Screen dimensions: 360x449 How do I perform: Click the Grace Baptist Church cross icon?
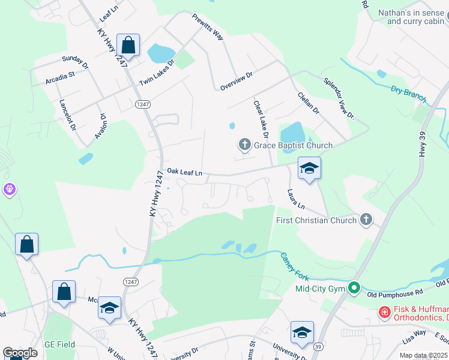[244, 145]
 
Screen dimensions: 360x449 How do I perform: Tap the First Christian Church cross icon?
[366, 220]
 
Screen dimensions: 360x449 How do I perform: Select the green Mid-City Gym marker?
[354, 289]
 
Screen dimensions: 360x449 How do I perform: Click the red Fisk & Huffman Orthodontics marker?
[384, 312]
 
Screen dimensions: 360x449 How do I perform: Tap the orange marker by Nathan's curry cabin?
[445, 22]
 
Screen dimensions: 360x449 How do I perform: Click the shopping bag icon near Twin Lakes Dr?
[128, 44]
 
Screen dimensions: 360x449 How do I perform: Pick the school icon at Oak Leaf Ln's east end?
[309, 168]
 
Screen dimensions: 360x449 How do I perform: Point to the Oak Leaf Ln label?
[187, 172]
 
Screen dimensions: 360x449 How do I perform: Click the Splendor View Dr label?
[339, 99]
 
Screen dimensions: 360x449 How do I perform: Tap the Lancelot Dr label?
[67, 113]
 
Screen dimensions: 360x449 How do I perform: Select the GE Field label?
[58, 345]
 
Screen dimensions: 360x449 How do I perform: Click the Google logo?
[20, 353]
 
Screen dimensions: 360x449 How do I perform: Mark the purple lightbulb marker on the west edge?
[9, 190]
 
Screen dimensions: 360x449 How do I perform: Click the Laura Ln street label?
[296, 199]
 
